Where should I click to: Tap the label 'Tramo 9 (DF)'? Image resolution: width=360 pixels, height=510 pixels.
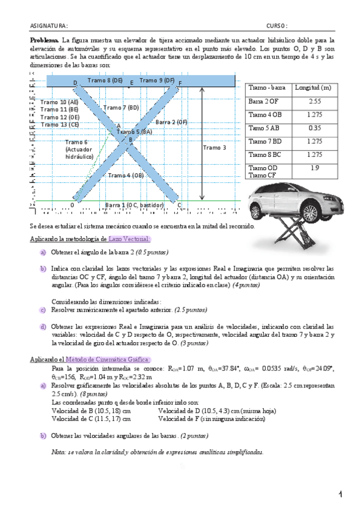pyautogui.click(x=157, y=80)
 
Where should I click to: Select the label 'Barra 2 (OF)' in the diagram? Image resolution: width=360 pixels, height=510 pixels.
pyautogui.click(x=171, y=122)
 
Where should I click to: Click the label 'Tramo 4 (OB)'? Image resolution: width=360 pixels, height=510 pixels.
pyautogui.click(x=126, y=175)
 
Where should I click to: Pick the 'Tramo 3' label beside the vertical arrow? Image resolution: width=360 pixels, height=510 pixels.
pyautogui.click(x=214, y=147)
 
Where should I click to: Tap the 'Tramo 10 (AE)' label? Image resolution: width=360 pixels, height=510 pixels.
pyautogui.click(x=59, y=102)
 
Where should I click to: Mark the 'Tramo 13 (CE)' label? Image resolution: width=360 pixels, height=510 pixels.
pyautogui.click(x=59, y=124)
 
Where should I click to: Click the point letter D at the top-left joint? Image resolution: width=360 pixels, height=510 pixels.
pyautogui.click(x=75, y=82)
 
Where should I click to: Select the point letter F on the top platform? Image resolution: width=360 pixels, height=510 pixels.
pyautogui.click(x=180, y=82)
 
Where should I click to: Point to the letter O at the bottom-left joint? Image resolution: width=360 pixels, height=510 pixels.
pyautogui.click(x=72, y=205)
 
